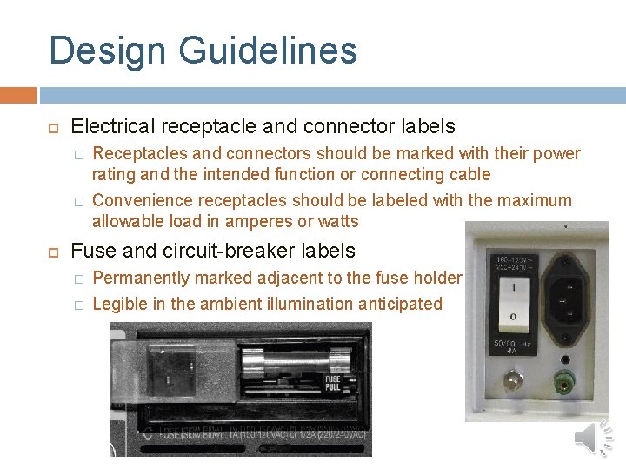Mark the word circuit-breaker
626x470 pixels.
tap(218, 251)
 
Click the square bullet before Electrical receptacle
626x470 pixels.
tap(52, 127)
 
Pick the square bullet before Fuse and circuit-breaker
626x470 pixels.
tap(52, 252)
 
